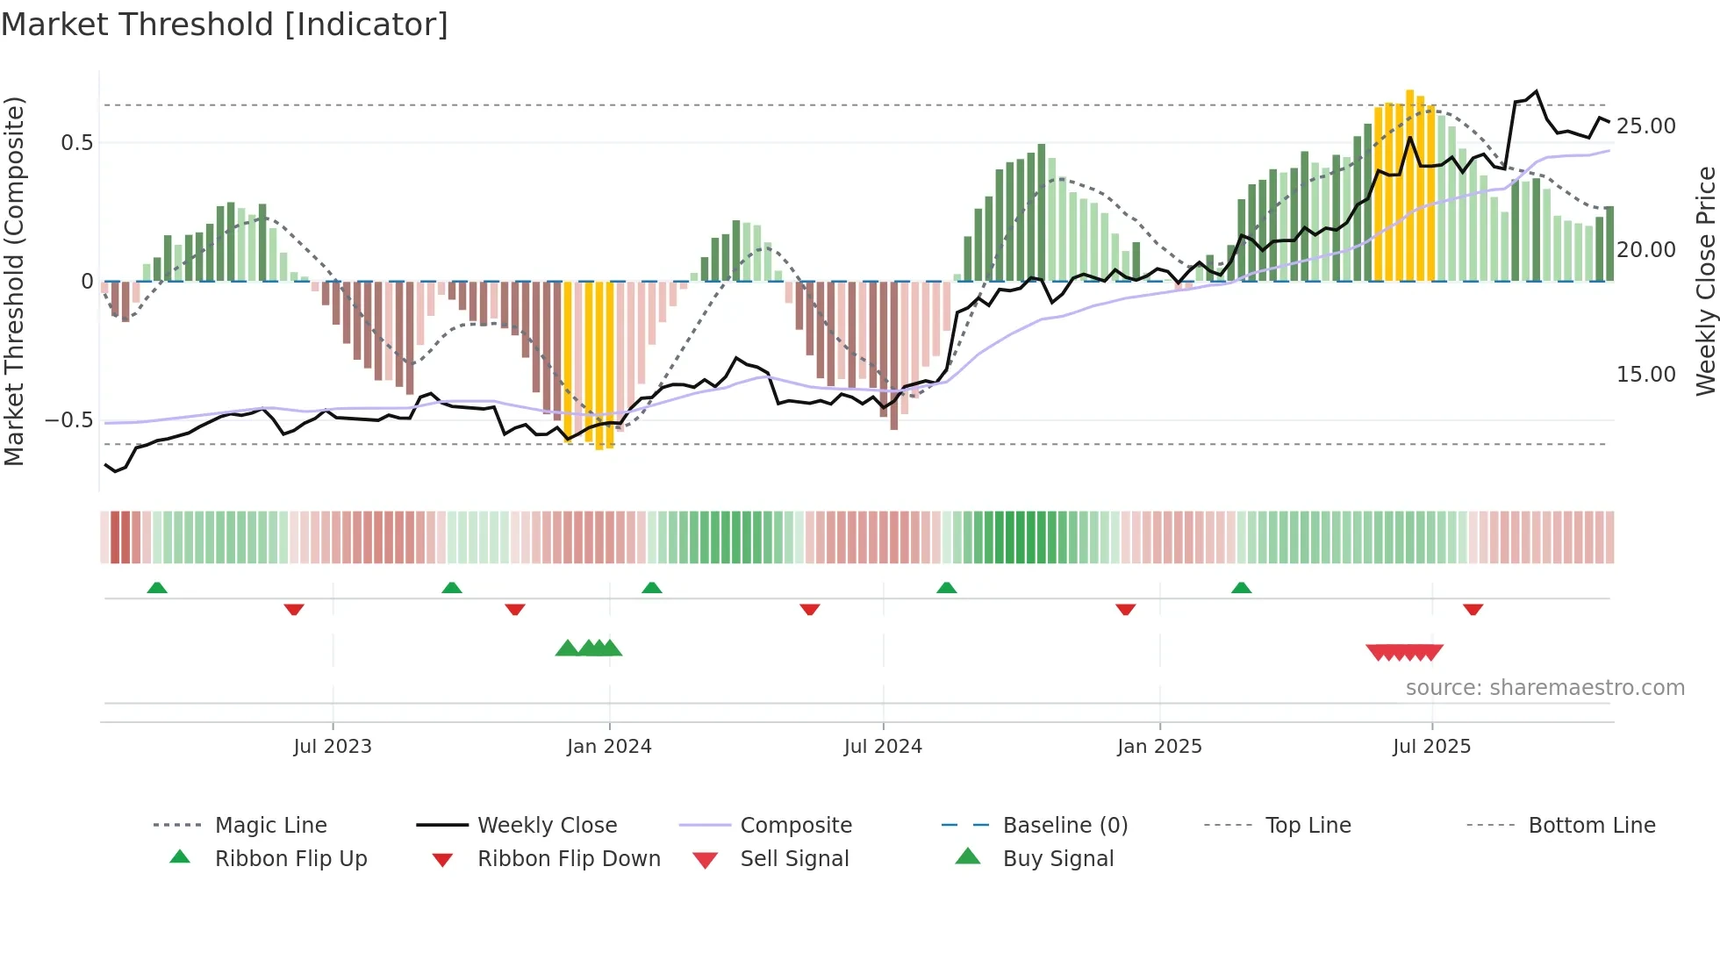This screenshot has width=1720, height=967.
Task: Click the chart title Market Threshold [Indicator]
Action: [x=225, y=25]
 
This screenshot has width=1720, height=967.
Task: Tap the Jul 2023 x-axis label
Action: [x=333, y=747]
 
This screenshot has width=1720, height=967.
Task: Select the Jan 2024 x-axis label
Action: [x=609, y=747]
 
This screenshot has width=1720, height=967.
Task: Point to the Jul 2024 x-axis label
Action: [x=883, y=747]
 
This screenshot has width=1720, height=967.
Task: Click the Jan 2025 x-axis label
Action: [x=1159, y=747]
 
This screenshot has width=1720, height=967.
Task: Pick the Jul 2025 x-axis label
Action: [x=1431, y=747]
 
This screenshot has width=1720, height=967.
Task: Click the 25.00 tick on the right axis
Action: [x=1645, y=126]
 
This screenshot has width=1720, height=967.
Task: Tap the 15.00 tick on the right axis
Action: [x=1645, y=375]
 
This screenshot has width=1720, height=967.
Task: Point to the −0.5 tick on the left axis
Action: [x=68, y=420]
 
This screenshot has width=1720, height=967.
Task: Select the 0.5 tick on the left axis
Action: [x=76, y=143]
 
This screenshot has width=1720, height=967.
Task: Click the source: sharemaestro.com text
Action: [x=1544, y=688]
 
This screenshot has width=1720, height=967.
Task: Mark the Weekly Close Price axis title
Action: [x=1705, y=281]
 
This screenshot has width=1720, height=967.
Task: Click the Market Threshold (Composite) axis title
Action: [x=14, y=281]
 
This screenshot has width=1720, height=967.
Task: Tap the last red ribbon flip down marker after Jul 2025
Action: [x=1473, y=609]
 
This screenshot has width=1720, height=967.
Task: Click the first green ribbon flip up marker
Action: [x=157, y=588]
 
